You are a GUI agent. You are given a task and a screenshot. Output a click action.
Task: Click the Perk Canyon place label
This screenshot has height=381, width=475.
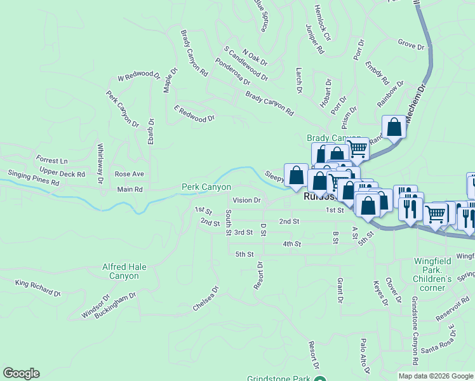[206, 187]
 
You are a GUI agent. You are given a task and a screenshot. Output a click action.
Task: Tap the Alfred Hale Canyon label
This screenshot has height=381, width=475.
[121, 272]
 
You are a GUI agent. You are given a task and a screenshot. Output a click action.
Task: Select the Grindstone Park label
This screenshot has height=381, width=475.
[279, 378]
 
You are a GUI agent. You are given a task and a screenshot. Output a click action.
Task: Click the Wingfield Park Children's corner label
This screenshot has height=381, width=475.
[432, 270]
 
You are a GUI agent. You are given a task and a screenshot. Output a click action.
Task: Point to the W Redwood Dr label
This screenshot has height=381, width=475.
[139, 76]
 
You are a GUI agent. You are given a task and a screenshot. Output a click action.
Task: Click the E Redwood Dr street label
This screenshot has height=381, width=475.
[194, 114]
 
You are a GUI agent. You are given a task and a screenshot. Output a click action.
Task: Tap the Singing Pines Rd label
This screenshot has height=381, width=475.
[33, 178]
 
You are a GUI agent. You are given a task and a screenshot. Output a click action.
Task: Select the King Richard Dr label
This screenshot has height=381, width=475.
[38, 288]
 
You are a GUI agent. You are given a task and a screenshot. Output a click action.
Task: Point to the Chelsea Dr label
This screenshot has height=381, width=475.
[206, 299]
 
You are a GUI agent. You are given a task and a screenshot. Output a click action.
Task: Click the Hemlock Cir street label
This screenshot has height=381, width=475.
[323, 23]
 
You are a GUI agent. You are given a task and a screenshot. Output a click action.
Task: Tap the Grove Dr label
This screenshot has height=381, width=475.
[411, 46]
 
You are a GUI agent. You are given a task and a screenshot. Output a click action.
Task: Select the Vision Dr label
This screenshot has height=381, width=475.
[247, 200]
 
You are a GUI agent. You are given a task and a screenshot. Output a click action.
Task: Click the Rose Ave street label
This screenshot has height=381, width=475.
[129, 174]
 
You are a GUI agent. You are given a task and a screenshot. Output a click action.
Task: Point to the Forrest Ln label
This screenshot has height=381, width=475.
[51, 161]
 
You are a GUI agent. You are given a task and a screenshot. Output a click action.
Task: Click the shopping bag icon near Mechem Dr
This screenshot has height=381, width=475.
[394, 127]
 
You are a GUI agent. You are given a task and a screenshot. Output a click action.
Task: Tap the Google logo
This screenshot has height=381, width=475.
[21, 373]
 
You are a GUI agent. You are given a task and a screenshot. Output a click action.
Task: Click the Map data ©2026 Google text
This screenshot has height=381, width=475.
[435, 376]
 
